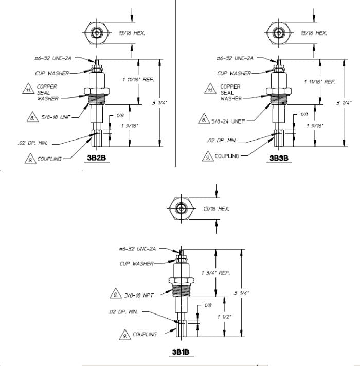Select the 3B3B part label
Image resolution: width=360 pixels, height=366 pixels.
point(279,159)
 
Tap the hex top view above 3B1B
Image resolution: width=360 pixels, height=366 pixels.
point(181,208)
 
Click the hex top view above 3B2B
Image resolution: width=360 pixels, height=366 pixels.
point(97,33)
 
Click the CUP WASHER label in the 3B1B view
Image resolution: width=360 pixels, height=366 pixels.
point(137,263)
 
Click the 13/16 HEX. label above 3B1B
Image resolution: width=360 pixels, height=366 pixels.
point(217,208)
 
